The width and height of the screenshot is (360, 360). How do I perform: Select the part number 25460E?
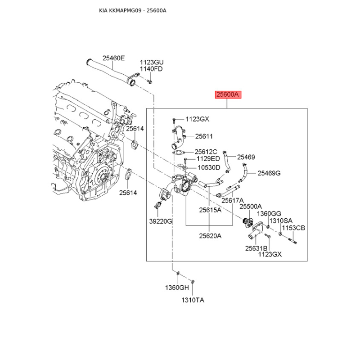pyautogui.click(x=113, y=58)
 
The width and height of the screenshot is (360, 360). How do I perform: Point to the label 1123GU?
pyautogui.click(x=151, y=62)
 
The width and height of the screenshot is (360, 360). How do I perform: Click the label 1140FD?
pyautogui.click(x=151, y=69)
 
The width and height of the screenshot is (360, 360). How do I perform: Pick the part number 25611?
pyautogui.click(x=204, y=136)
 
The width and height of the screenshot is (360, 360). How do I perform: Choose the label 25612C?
pyautogui.click(x=206, y=152)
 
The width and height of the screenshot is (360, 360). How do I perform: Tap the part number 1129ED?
pyautogui.click(x=207, y=159)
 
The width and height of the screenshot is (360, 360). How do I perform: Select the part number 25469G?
pyautogui.click(x=269, y=173)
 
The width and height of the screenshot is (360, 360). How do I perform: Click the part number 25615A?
pyautogui.click(x=210, y=210)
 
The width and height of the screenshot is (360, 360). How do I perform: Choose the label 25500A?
pyautogui.click(x=250, y=207)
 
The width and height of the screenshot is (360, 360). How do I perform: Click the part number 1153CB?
pyautogui.click(x=293, y=228)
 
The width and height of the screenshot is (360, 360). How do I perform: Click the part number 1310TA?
pyautogui.click(x=193, y=300)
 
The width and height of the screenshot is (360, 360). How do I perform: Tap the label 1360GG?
pyautogui.click(x=269, y=213)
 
